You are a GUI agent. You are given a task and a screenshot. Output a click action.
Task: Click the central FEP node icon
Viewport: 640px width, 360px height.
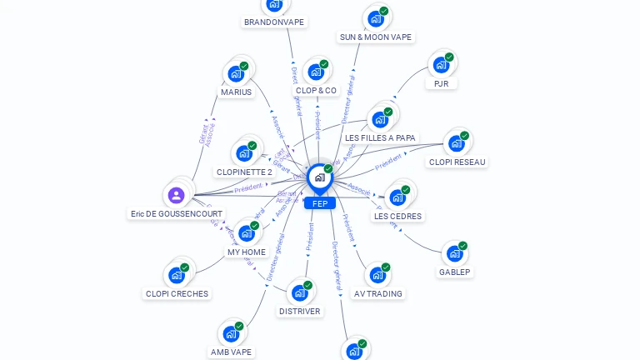(319, 177)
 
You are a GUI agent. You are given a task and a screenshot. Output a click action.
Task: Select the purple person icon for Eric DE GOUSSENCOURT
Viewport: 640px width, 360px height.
(176, 196)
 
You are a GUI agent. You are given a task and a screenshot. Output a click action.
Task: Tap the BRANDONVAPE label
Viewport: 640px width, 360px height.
(274, 22)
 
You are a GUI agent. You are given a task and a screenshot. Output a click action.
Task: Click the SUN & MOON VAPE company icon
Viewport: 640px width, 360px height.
(376, 18)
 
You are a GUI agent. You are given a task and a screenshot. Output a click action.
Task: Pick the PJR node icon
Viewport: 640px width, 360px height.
(441, 65)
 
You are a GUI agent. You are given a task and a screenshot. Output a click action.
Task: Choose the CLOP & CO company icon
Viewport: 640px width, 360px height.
(316, 72)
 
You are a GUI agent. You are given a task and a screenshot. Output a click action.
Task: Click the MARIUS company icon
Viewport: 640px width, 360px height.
(236, 73)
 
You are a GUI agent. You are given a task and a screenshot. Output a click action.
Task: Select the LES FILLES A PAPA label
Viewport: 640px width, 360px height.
(381, 137)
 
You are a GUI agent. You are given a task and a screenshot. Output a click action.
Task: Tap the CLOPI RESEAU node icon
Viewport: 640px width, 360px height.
(457, 143)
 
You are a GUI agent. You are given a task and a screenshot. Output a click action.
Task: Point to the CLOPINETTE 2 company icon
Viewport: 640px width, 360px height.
(244, 153)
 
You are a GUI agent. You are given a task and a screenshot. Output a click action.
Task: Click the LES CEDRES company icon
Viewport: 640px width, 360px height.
(397, 197)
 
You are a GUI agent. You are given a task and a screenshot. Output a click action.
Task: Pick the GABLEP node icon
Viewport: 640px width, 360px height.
(454, 253)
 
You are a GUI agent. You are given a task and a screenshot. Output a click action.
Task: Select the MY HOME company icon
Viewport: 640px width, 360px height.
(247, 233)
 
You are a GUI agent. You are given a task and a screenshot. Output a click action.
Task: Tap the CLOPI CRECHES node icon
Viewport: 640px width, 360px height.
(177, 275)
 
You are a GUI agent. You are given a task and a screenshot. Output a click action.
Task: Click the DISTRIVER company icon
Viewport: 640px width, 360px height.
(300, 292)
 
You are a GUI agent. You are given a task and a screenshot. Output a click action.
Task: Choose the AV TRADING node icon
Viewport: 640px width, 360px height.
(377, 275)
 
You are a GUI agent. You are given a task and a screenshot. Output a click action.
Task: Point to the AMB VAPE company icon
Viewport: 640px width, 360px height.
(231, 334)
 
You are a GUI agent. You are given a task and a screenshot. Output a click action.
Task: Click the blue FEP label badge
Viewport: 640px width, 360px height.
(319, 203)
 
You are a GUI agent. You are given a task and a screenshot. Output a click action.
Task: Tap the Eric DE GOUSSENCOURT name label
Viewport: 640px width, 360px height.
(177, 214)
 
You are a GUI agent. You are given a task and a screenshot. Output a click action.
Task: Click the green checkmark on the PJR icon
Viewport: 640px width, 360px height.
(449, 57)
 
